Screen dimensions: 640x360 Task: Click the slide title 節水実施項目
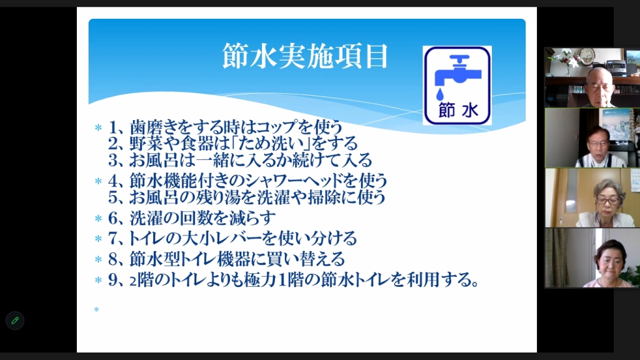pyautogui.click(x=305, y=56)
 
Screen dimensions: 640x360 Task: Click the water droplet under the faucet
pyautogui.click(x=439, y=94)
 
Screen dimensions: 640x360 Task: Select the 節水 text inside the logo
pyautogui.click(x=458, y=110)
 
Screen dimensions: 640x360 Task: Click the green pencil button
pyautogui.click(x=15, y=321)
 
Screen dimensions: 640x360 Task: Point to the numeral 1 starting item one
pyautogui.click(x=113, y=127)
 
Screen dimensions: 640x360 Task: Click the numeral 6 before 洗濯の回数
pyautogui.click(x=112, y=218)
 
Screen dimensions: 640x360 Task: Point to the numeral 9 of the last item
pyautogui.click(x=112, y=280)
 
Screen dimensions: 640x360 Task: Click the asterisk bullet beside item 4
pyautogui.click(x=98, y=181)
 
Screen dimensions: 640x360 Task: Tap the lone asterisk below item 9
pyautogui.click(x=96, y=310)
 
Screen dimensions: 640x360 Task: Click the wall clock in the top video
pyautogui.click(x=587, y=55)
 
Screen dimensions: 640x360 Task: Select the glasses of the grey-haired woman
pyautogui.click(x=607, y=201)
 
